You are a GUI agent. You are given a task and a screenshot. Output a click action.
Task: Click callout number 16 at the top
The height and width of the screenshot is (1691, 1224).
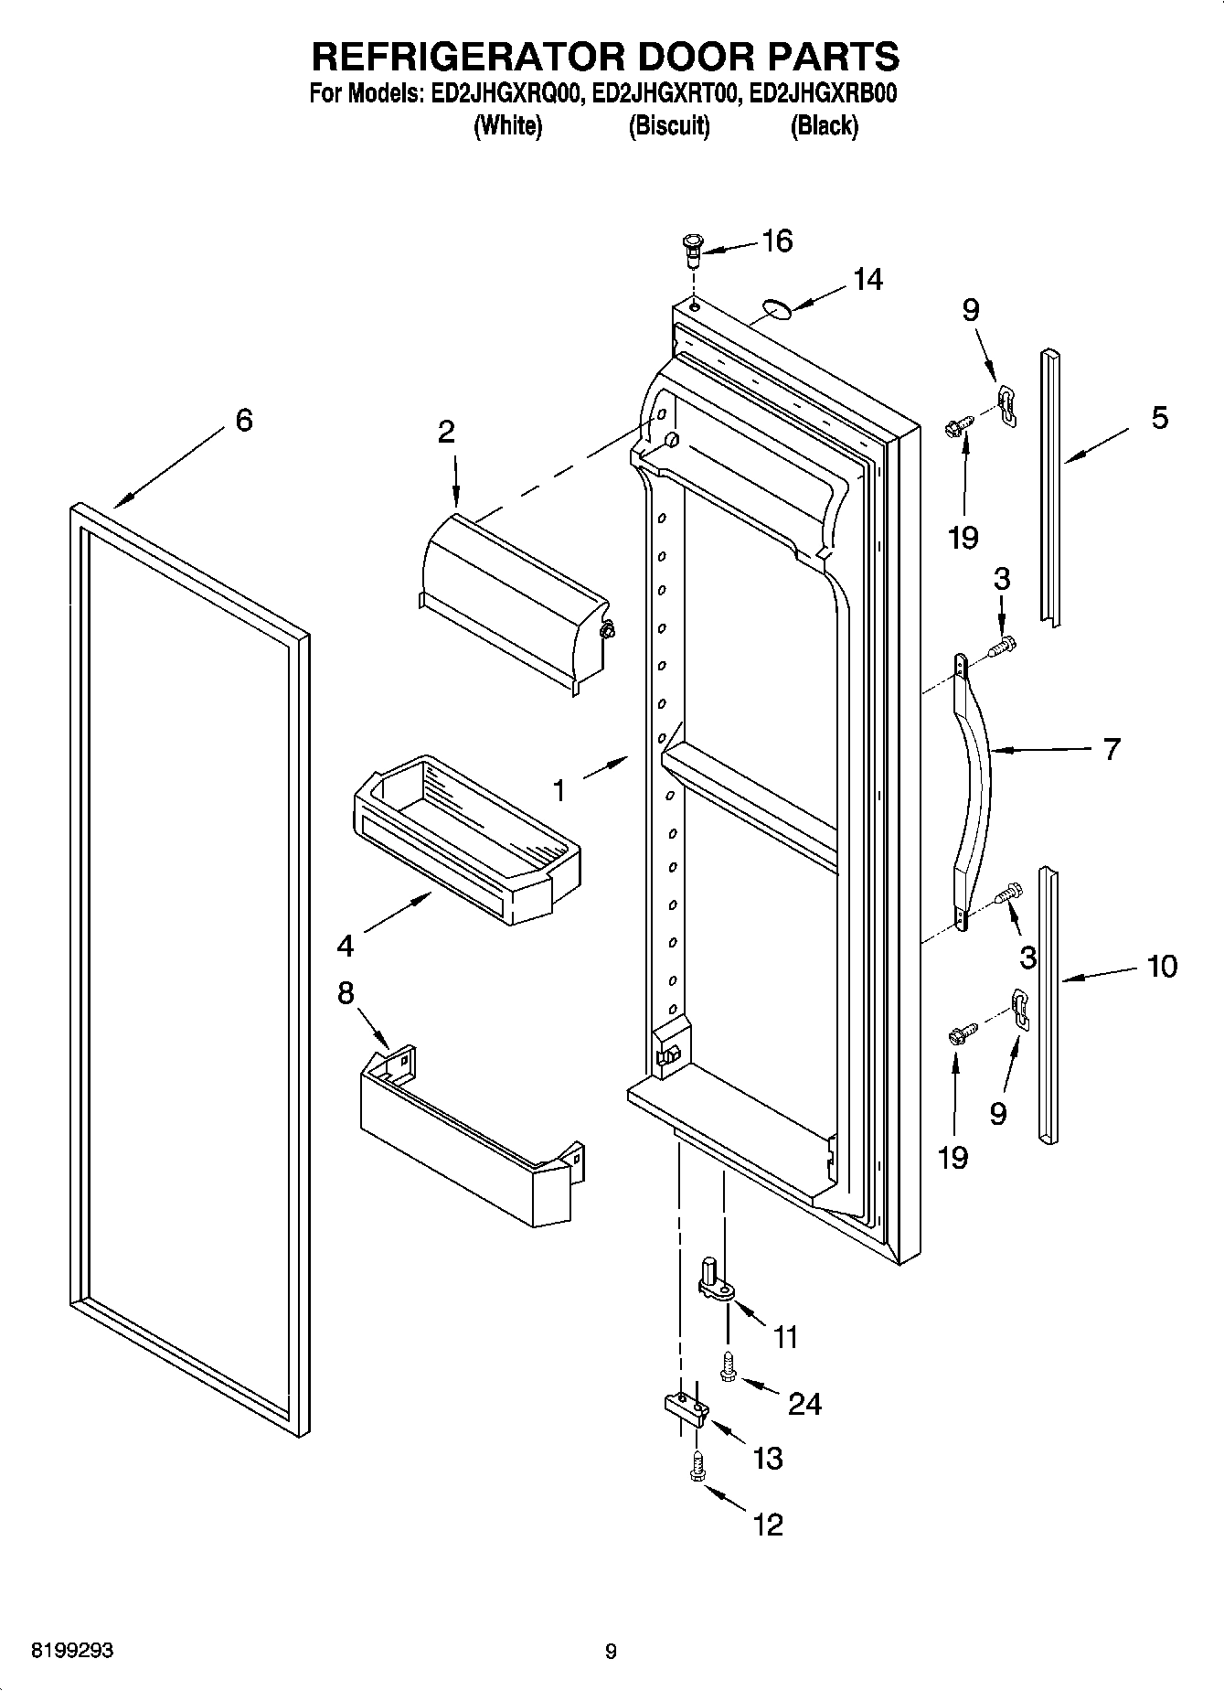777,241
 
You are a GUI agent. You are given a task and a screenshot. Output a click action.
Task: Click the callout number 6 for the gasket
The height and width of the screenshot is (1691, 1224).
243,421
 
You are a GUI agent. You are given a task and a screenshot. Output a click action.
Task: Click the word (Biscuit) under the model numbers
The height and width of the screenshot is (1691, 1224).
669,126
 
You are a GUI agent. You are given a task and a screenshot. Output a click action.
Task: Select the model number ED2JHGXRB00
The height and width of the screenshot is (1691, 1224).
822,94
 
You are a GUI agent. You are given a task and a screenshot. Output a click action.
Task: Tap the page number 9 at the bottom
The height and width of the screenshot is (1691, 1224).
611,1652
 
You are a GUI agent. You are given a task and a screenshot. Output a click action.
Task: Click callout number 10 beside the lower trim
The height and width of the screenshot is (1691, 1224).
1162,966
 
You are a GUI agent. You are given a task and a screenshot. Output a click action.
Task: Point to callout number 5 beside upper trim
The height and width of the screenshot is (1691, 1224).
1158,419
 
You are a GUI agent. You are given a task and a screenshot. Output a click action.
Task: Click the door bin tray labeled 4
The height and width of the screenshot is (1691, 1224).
466,837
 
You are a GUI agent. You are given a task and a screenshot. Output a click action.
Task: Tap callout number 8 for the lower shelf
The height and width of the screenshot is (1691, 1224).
346,993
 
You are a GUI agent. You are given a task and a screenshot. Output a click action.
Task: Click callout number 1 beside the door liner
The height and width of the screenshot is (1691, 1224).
559,789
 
